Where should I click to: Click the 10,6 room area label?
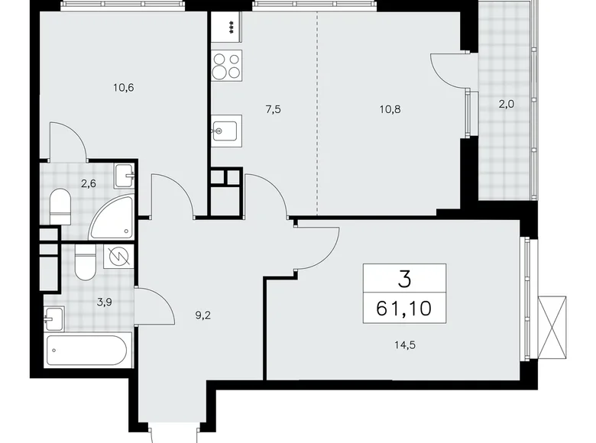tap(122, 87)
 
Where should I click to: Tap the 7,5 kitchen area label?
tap(274, 108)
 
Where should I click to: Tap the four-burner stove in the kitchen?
tap(226, 66)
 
